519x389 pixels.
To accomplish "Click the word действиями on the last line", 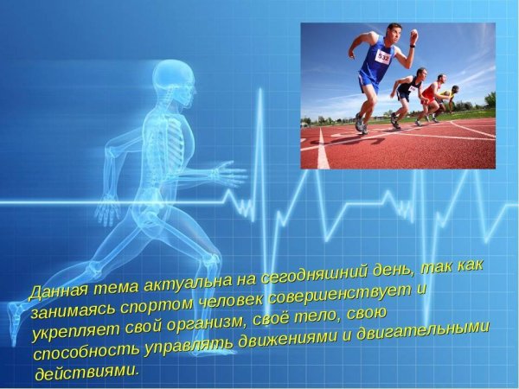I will pyautogui.click(x=86, y=373).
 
